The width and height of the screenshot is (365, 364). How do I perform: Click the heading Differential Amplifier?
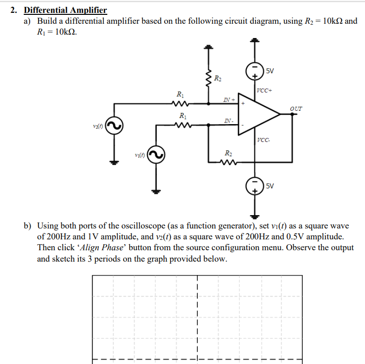(65, 10)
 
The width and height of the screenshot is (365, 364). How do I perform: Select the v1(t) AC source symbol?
(158, 155)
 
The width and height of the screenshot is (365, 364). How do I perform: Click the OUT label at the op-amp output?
(297, 108)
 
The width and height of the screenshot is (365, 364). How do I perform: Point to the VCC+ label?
(265, 90)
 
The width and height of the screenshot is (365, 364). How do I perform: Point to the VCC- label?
(264, 140)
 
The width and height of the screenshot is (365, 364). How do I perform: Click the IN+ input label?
(228, 100)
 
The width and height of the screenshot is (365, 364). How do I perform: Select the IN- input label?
(228, 121)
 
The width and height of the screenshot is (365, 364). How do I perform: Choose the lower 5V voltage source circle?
(255, 186)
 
